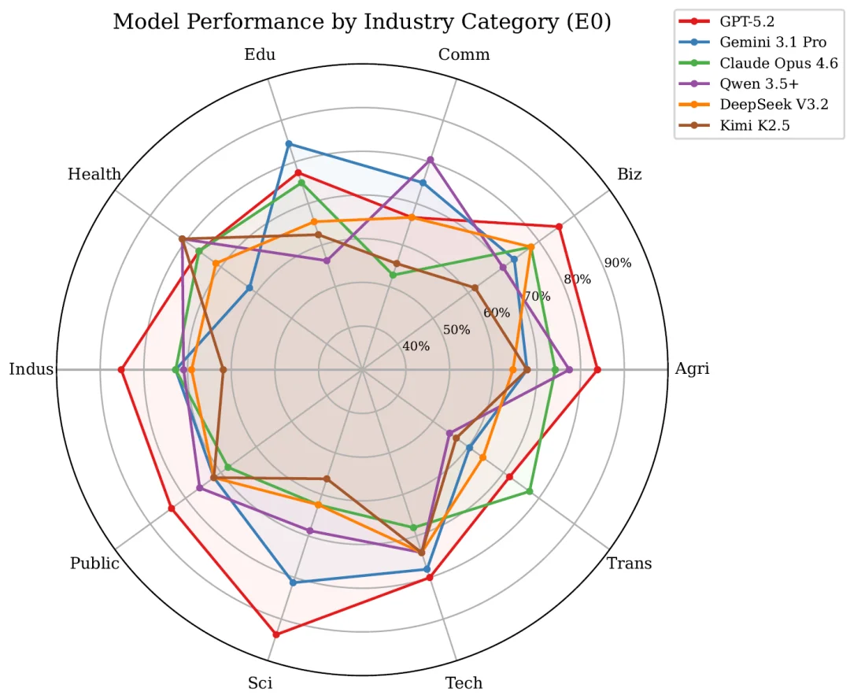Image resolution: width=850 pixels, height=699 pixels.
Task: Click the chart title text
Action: pyautogui.click(x=362, y=22)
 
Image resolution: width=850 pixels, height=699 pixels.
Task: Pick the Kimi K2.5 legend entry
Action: pyautogui.click(x=753, y=124)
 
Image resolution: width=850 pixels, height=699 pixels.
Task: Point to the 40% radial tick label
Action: pyautogui.click(x=416, y=346)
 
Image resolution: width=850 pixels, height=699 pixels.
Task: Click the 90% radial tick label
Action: pyautogui.click(x=617, y=263)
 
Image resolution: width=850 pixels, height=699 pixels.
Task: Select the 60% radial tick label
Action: pyautogui.click(x=497, y=313)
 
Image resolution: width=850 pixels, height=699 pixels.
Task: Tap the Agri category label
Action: pyautogui.click(x=692, y=369)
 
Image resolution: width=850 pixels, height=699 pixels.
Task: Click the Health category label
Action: pyautogui.click(x=94, y=174)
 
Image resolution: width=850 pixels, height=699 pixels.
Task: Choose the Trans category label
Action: pyautogui.click(x=629, y=564)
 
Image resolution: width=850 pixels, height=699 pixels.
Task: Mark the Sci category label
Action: pyautogui.click(x=260, y=682)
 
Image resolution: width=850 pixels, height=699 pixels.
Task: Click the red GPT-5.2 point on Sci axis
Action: pyautogui.click(x=275, y=634)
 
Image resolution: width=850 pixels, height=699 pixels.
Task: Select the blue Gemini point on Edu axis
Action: pyautogui.click(x=289, y=143)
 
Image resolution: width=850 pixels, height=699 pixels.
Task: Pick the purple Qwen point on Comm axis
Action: pyautogui.click(x=430, y=160)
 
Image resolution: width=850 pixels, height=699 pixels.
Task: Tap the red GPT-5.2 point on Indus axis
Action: pyautogui.click(x=121, y=369)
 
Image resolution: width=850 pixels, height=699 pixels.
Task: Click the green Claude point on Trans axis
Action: pyautogui.click(x=530, y=491)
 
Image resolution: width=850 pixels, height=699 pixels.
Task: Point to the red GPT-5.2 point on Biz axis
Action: pyautogui.click(x=559, y=227)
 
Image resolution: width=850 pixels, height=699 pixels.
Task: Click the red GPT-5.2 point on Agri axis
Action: pyautogui.click(x=597, y=369)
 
